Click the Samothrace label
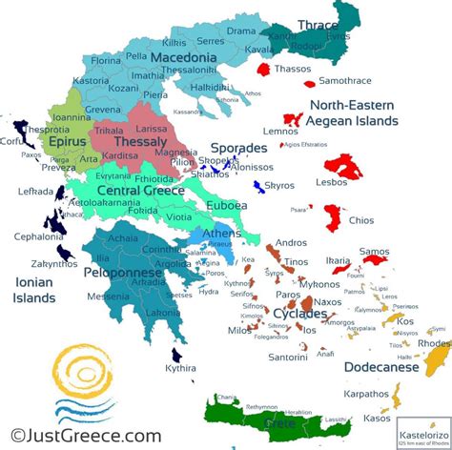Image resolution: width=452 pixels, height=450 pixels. point(344,81)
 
